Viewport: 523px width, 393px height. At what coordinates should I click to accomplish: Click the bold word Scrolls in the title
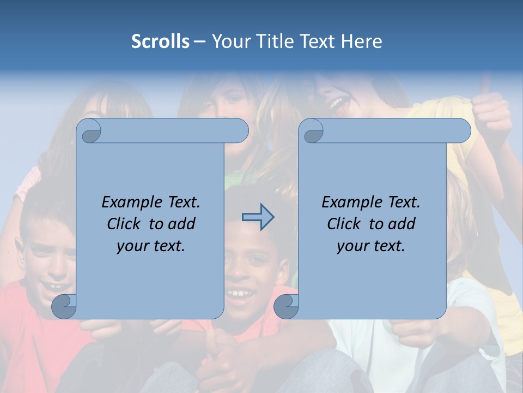(160, 41)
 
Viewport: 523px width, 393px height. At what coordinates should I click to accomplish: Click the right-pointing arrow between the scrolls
(258, 217)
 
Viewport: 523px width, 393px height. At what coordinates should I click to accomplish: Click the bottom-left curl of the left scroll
(64, 306)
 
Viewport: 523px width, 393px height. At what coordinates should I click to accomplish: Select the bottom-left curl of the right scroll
(286, 306)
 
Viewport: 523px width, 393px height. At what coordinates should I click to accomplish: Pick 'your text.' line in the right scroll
(371, 246)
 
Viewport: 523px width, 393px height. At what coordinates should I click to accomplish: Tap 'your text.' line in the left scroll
(151, 246)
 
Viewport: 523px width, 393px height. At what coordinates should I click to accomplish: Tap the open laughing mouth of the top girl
(338, 103)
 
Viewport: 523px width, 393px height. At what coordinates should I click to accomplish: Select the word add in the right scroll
(402, 224)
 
